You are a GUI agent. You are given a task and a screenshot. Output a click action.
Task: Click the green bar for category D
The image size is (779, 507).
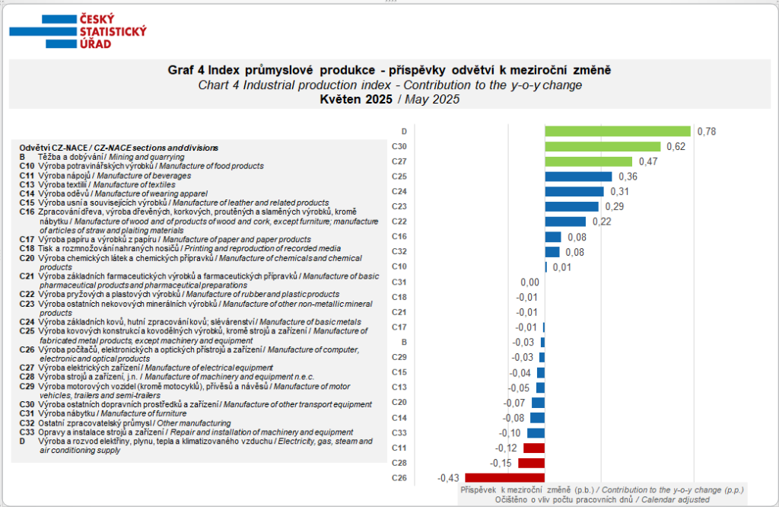[618, 131]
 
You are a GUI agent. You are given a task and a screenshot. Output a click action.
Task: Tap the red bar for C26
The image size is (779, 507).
[504, 477]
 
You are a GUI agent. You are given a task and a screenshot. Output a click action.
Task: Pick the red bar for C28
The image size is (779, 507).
[531, 462]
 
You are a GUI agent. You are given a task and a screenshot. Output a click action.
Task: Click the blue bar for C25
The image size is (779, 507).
[578, 176]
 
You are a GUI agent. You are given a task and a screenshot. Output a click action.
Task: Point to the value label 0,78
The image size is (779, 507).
[707, 131]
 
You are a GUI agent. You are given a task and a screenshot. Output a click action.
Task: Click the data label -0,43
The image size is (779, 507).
[448, 477]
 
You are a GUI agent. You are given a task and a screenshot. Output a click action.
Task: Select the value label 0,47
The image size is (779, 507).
[648, 161]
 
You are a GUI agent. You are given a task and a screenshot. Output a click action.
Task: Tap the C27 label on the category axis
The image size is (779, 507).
[399, 161]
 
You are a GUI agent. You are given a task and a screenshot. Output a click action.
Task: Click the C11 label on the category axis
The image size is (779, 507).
[399, 448]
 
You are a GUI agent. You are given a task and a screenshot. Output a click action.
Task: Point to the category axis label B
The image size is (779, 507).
[404, 342]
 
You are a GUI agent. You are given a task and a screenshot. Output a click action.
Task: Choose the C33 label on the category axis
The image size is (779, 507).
[399, 432]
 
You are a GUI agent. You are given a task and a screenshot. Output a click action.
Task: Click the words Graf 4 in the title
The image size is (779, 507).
[186, 71]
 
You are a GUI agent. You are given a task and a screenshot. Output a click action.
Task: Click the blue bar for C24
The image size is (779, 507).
[574, 191]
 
